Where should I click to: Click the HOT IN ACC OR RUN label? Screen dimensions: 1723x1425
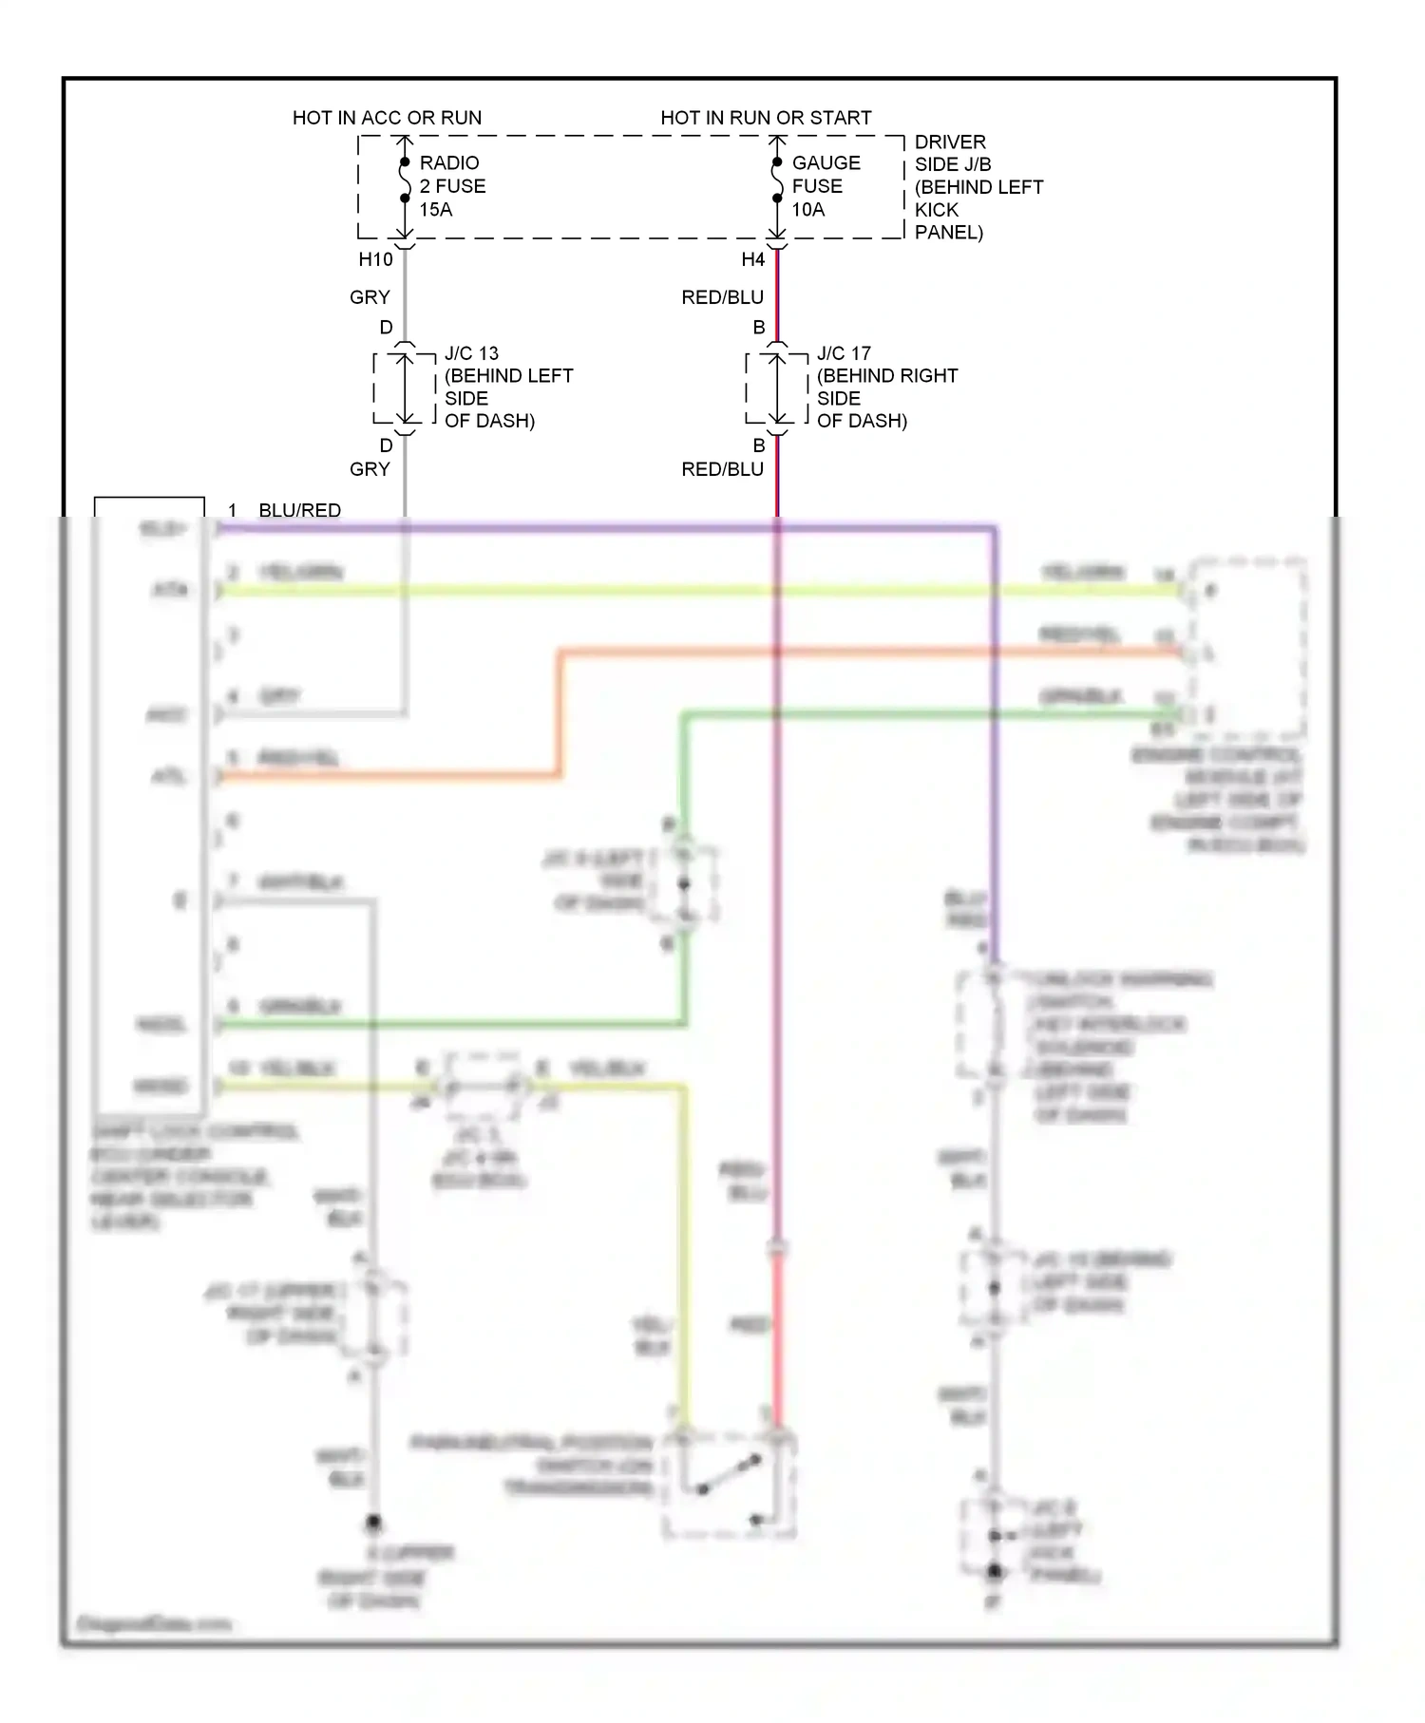[387, 118]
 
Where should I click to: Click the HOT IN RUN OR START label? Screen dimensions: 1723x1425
[766, 118]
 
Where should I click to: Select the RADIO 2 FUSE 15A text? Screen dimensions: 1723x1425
[452, 186]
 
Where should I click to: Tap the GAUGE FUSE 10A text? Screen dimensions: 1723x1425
[826, 186]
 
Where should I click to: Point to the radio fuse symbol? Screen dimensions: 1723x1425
[405, 180]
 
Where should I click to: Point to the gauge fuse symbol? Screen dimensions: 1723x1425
[777, 180]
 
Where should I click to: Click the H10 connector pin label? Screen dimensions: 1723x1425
[375, 259]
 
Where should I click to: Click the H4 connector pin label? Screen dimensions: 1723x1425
[752, 259]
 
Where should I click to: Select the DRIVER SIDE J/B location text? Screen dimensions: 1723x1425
[978, 187]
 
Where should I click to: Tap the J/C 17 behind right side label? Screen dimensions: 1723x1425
[885, 387]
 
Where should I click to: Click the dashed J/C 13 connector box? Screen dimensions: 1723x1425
[405, 388]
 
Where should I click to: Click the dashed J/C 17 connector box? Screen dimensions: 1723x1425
[777, 388]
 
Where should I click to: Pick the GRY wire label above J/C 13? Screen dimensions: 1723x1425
[370, 297]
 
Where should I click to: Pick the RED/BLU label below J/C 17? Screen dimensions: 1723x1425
[722, 469]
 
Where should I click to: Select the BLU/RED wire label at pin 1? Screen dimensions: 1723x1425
[299, 510]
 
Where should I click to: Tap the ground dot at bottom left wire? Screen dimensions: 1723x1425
[373, 1523]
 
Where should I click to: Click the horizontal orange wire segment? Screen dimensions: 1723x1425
[855, 652]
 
